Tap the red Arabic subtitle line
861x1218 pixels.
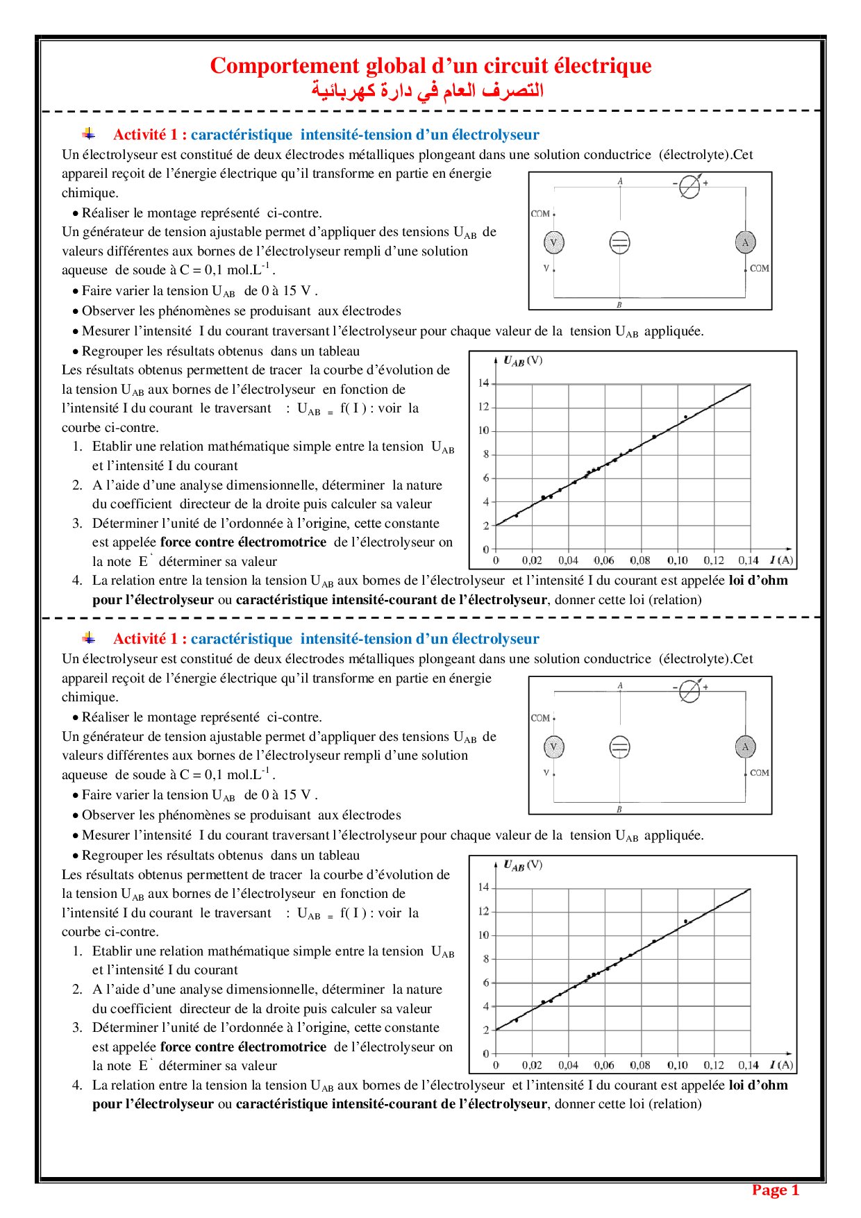click(427, 90)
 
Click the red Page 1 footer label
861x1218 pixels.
click(775, 1190)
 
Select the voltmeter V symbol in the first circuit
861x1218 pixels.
click(553, 243)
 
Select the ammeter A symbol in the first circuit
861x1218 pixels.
click(745, 242)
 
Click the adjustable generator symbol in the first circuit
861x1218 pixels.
click(689, 186)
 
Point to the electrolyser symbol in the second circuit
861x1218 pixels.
click(619, 747)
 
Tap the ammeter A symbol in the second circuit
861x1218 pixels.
click(745, 746)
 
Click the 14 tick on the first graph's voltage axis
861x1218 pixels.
click(483, 383)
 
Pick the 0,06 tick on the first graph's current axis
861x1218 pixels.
click(604, 560)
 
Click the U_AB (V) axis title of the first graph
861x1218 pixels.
click(523, 361)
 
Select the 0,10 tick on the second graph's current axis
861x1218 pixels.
click(677, 1065)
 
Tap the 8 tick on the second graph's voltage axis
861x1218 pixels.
click(486, 959)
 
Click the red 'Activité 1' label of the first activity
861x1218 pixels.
click(149, 135)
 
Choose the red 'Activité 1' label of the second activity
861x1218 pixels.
click(149, 639)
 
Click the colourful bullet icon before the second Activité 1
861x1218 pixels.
click(89, 637)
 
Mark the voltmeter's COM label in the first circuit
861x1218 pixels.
click(540, 214)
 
